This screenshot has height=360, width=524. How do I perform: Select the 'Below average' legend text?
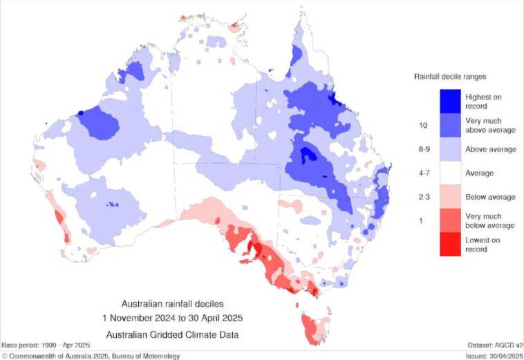pyautogui.click(x=490, y=197)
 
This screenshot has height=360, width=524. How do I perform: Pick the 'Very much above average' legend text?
pyautogui.click(x=490, y=125)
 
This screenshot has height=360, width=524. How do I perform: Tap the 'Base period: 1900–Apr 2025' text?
pyautogui.click(x=46, y=344)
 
